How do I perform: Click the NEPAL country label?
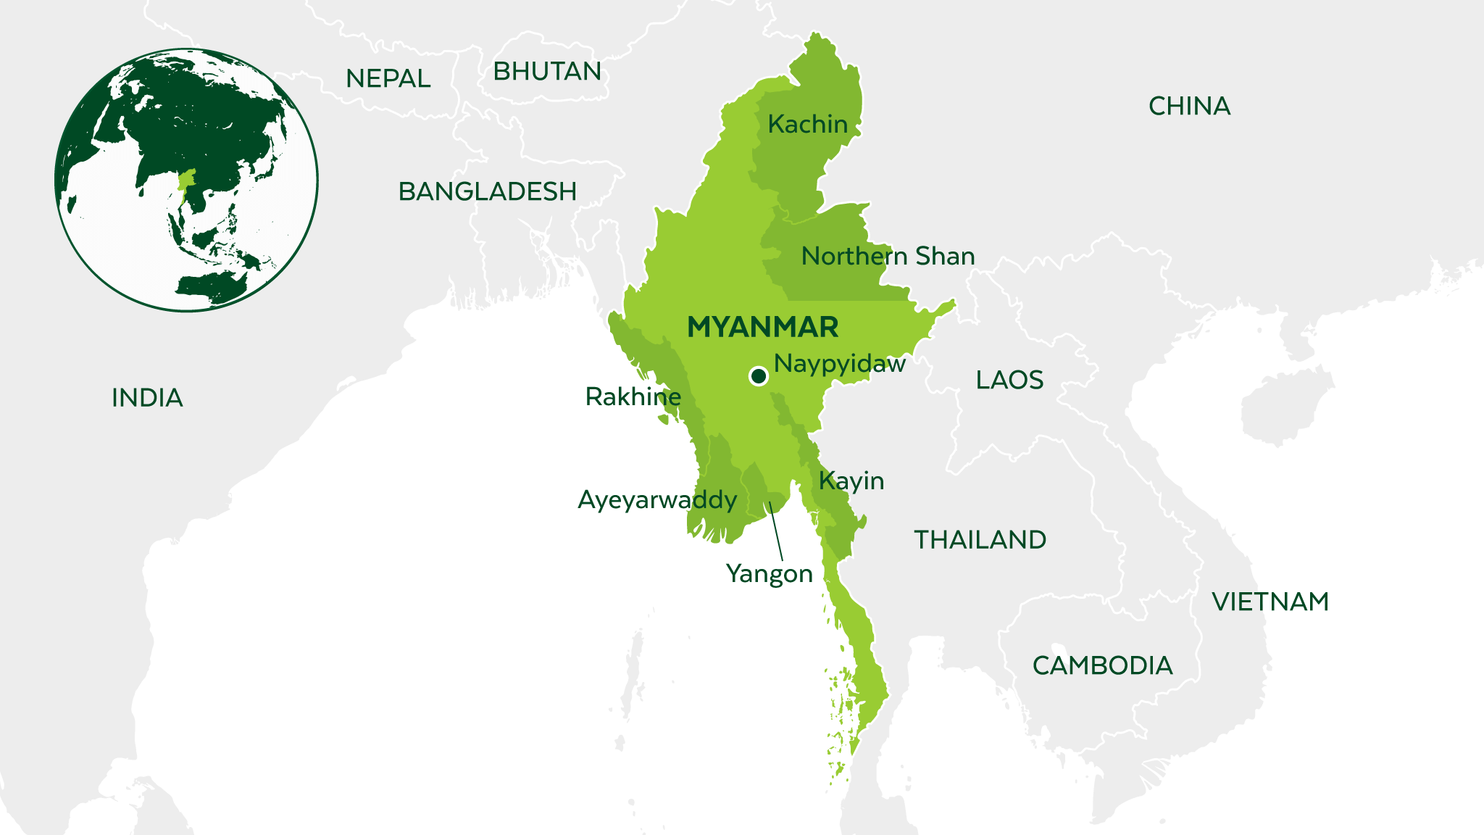click(388, 78)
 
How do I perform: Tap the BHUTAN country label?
click(547, 72)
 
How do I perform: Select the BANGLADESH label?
click(488, 191)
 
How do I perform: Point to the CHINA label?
click(1189, 107)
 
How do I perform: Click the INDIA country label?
click(147, 398)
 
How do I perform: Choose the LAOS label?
click(1009, 380)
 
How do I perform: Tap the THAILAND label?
click(980, 540)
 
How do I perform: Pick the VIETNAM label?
click(1270, 602)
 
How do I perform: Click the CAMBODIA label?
click(1102, 665)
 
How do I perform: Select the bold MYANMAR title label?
click(762, 328)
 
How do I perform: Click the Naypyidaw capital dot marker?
click(759, 375)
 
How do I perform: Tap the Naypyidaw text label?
click(839, 364)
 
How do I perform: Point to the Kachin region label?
click(807, 125)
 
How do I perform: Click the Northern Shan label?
click(888, 257)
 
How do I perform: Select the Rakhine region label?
click(633, 397)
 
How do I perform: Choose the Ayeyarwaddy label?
click(657, 500)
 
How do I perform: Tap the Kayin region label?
click(851, 481)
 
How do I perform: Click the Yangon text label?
click(769, 574)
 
